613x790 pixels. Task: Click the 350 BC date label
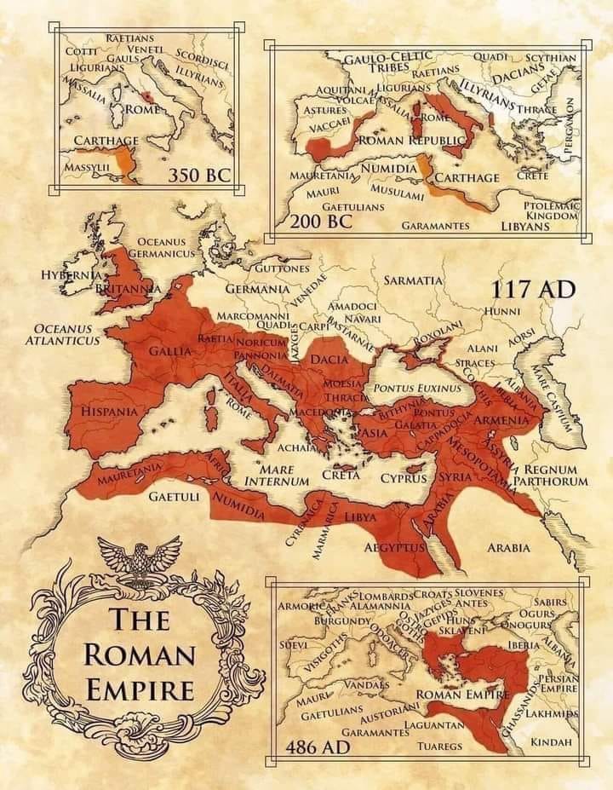pos(199,176)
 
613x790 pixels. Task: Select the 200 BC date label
pos(321,222)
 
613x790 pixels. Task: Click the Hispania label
pos(108,412)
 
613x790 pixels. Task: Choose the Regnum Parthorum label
pos(556,476)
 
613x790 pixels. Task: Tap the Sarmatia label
pos(413,280)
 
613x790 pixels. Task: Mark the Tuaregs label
pos(439,747)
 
